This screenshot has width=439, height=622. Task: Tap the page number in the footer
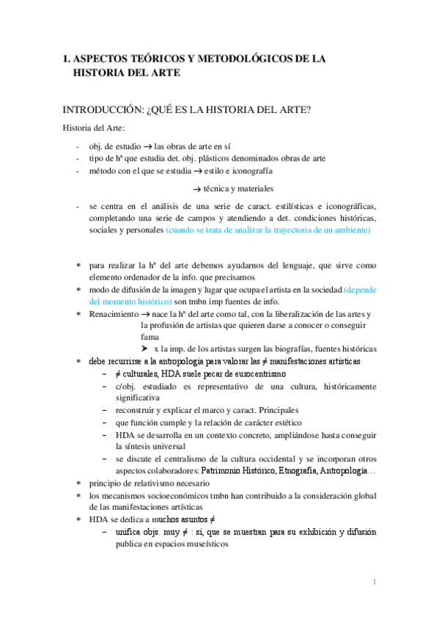[374, 582]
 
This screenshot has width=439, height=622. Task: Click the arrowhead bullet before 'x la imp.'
[145, 348]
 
